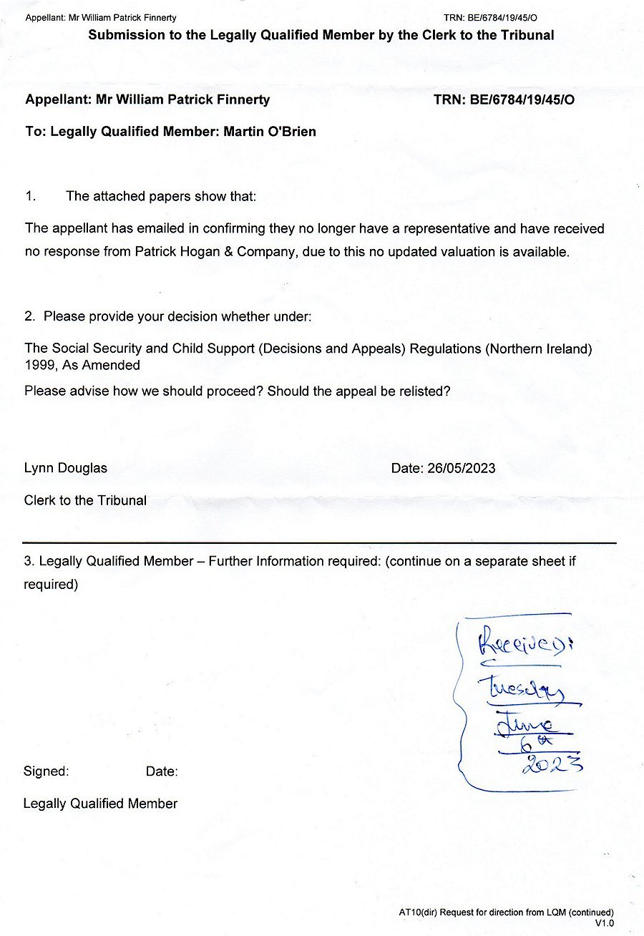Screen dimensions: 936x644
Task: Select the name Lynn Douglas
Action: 66,469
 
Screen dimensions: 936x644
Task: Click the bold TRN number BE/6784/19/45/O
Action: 522,100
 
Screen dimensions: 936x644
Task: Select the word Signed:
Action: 47,771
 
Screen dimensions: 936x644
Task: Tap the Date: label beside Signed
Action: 162,771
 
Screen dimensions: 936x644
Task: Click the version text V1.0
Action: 604,923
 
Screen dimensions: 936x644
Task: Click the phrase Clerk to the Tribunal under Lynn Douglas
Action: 85,500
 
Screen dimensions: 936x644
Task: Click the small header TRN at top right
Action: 454,17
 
